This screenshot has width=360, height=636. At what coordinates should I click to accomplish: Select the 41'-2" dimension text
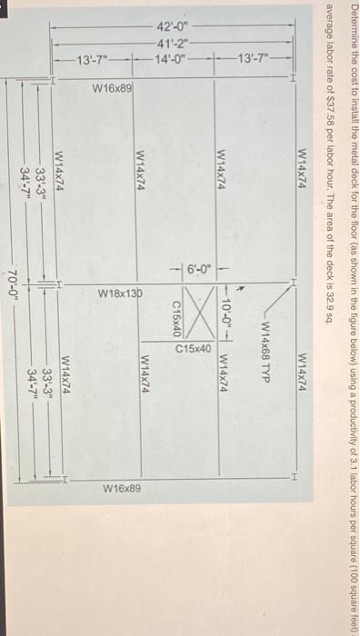(x=172, y=43)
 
